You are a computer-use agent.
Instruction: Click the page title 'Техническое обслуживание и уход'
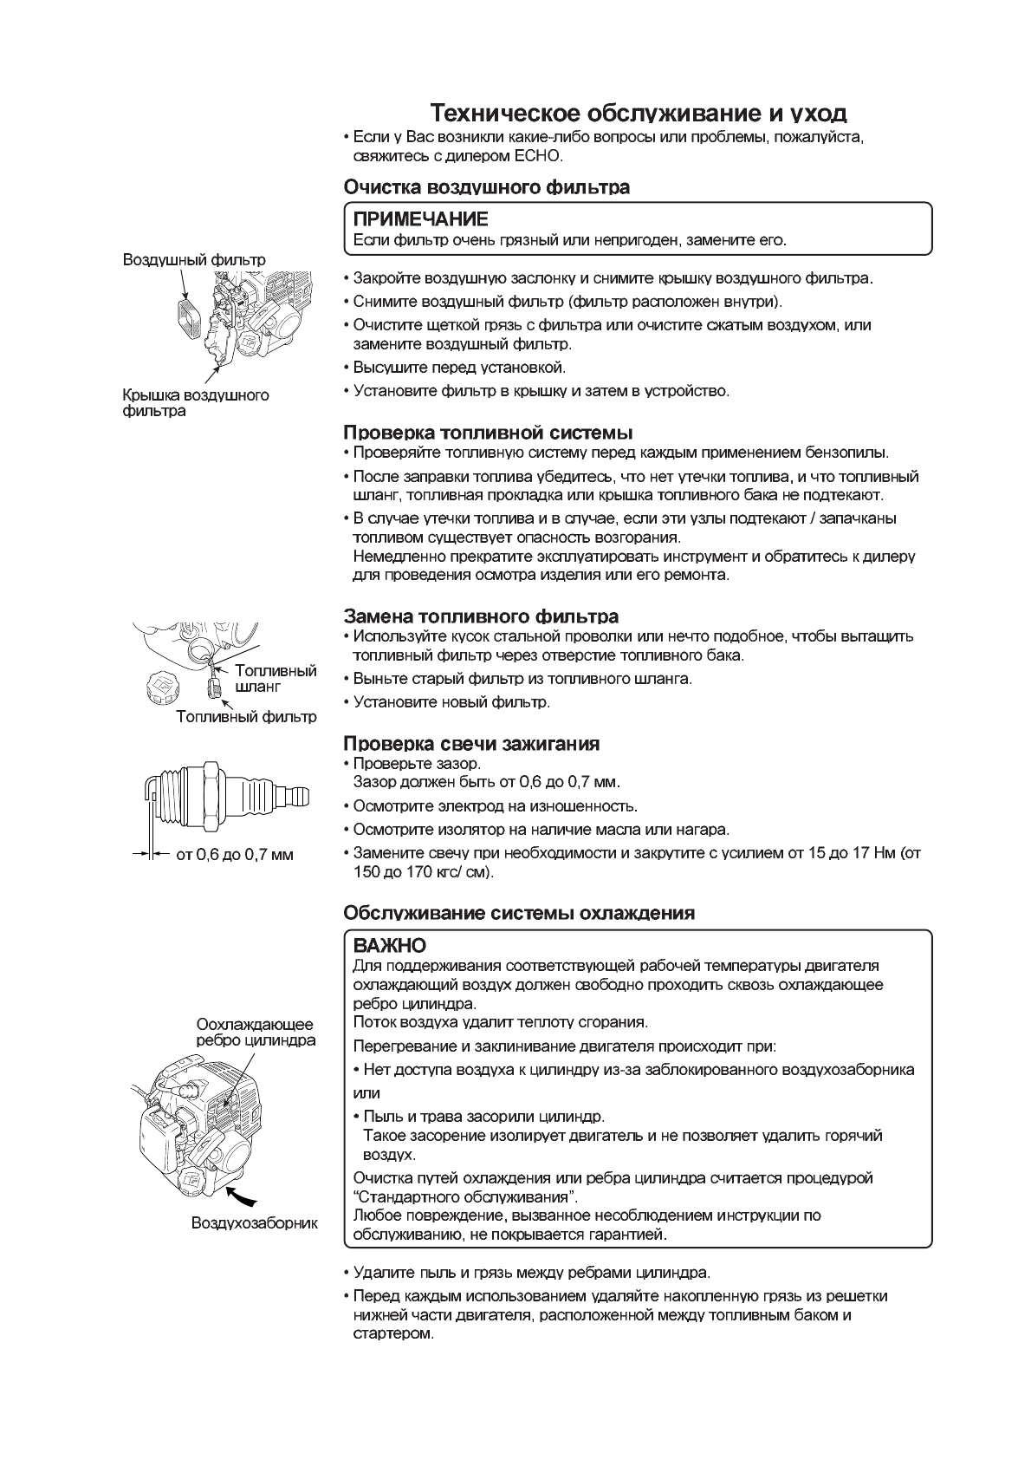(639, 114)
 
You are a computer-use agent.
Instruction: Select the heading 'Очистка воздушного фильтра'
(486, 187)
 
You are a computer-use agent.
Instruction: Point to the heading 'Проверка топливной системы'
(488, 432)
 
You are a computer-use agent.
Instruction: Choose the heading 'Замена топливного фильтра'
(481, 616)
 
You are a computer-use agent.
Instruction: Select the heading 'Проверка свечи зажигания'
(471, 744)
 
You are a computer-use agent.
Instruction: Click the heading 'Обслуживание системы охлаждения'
(519, 913)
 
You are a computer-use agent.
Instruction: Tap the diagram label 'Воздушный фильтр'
(194, 259)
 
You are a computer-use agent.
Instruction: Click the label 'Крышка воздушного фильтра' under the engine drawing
(195, 403)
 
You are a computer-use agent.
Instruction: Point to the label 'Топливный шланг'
(276, 678)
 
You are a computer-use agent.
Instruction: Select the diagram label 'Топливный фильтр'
(246, 717)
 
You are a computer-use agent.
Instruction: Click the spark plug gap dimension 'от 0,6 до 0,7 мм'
(234, 855)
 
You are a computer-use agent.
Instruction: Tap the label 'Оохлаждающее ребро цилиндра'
(255, 1032)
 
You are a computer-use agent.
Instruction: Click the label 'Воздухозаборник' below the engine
(254, 1223)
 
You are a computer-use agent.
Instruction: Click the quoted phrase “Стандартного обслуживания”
(466, 1197)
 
